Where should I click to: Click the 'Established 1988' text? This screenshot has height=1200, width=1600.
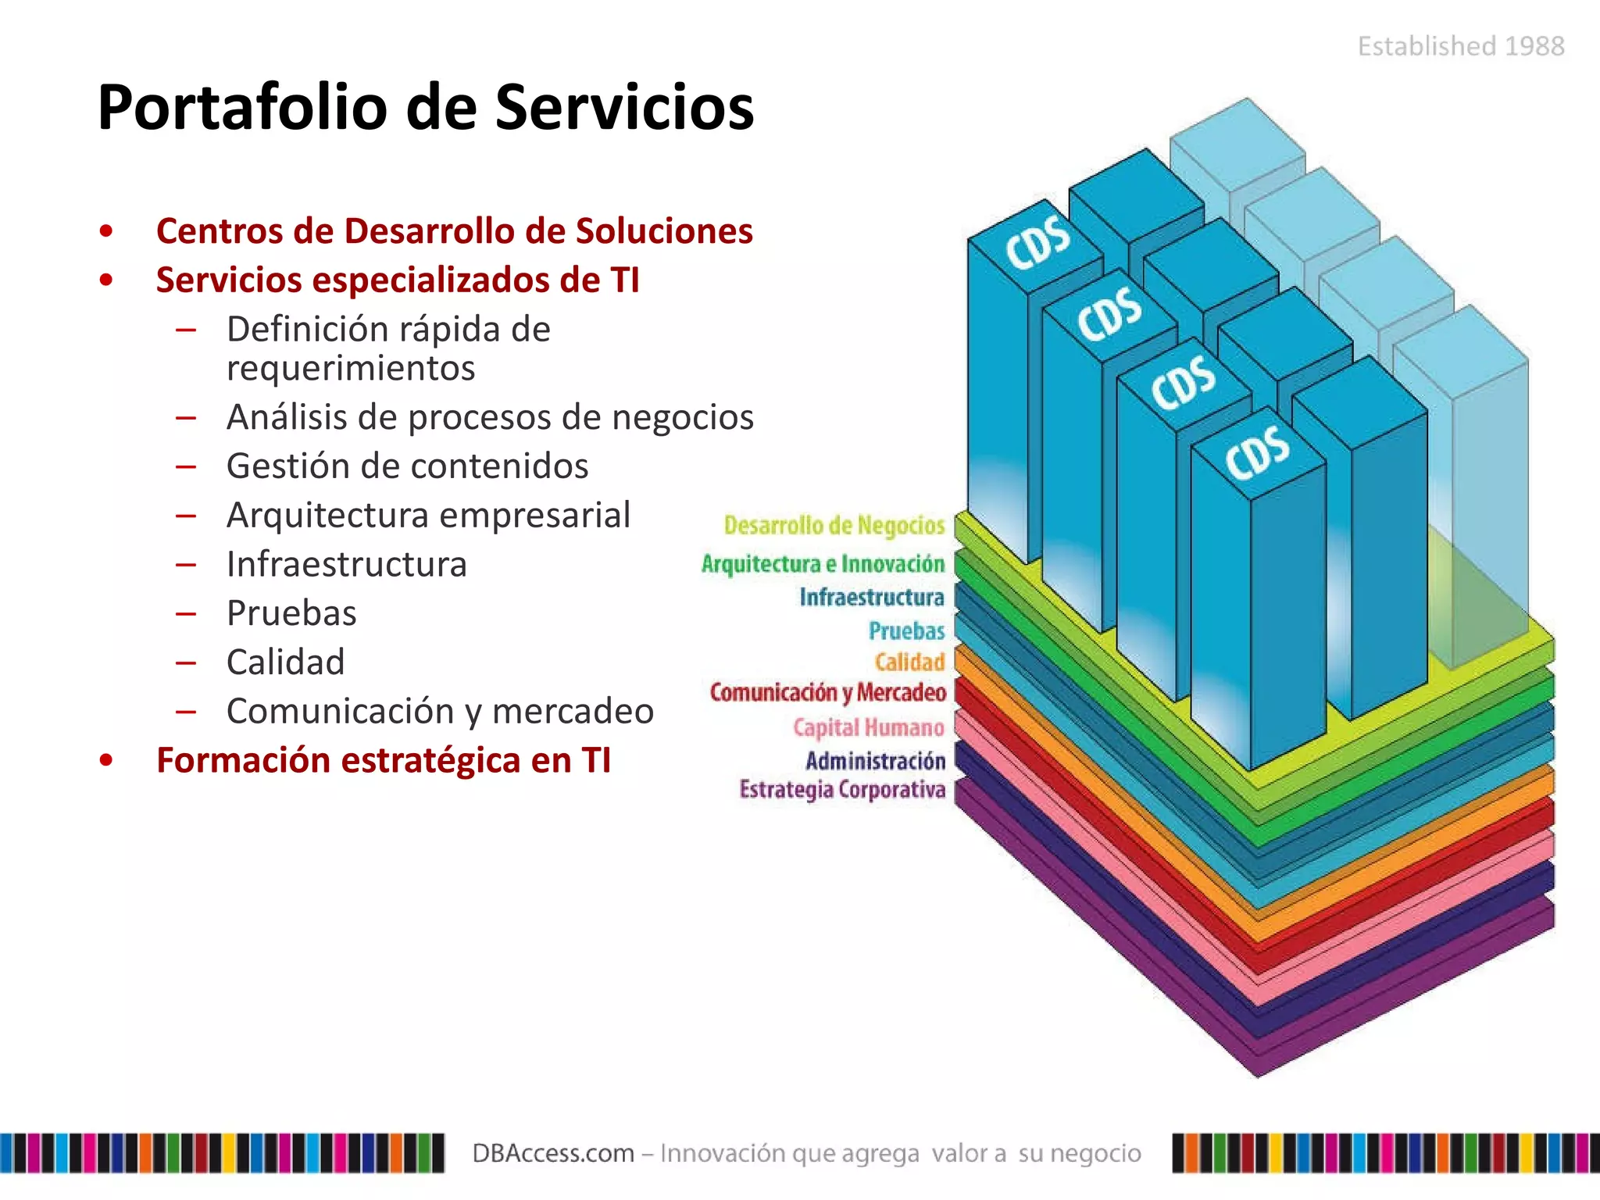point(1460,47)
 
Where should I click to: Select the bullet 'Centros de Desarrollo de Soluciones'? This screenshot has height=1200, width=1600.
point(454,231)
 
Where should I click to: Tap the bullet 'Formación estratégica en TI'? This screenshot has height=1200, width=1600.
point(383,761)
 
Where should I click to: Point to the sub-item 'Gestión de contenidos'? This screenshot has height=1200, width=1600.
point(407,466)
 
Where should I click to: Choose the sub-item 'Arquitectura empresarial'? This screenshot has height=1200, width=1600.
point(428,516)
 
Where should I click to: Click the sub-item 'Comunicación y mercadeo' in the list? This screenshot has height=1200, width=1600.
point(440,712)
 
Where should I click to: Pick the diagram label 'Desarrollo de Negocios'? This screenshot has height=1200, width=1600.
point(834,526)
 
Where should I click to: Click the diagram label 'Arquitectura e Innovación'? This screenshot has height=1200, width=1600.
point(823,564)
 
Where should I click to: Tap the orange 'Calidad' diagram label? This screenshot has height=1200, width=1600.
point(909,662)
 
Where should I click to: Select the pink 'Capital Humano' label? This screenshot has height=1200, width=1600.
point(868,728)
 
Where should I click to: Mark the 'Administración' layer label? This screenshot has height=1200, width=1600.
point(875,761)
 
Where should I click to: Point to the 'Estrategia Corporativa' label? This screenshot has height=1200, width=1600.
point(842,790)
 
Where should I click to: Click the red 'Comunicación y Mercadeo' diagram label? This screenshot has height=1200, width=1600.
point(827,693)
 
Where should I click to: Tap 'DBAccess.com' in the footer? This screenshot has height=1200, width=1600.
point(553,1154)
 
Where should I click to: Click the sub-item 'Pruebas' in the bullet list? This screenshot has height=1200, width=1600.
point(291,614)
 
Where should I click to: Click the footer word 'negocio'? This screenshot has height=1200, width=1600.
point(1095,1154)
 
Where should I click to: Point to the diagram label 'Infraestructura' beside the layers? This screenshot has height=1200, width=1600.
point(871,598)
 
